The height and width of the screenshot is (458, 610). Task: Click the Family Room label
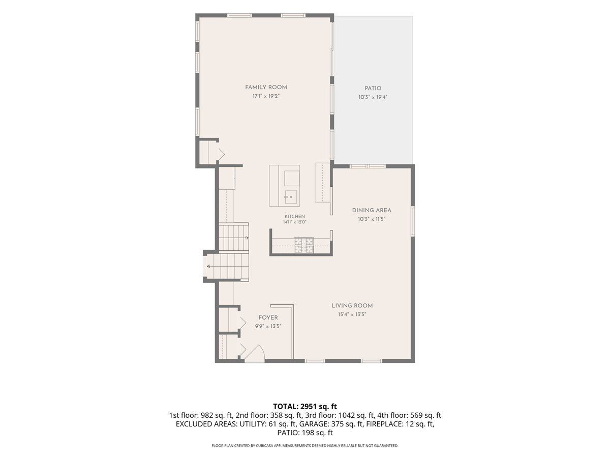(266, 88)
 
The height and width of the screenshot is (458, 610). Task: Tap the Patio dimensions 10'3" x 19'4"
(373, 97)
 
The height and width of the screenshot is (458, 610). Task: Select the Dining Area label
(372, 210)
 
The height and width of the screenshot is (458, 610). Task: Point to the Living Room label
(352, 306)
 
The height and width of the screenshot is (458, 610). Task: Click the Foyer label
(268, 318)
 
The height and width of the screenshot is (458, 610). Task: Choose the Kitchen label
(294, 216)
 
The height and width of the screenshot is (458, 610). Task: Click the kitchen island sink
(291, 197)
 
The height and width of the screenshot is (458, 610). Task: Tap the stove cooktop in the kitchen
(304, 245)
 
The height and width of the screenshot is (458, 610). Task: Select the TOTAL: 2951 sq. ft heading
(305, 406)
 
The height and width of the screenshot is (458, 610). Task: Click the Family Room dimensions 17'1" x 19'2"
(266, 96)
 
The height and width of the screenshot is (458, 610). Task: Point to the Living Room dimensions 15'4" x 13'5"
(352, 314)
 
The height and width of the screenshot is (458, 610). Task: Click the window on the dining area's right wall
(413, 221)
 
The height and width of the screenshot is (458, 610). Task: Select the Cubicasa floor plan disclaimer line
(305, 446)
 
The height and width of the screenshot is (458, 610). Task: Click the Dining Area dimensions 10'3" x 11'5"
(372, 219)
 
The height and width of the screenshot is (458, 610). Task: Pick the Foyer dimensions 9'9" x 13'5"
(268, 327)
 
